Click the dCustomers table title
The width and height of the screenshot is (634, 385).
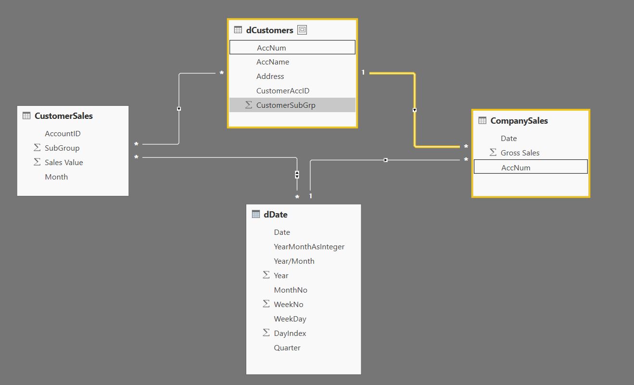click(x=269, y=30)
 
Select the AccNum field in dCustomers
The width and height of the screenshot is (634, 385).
click(x=271, y=48)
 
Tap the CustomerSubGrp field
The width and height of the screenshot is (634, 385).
click(x=286, y=105)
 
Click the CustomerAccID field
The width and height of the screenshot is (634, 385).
click(x=283, y=90)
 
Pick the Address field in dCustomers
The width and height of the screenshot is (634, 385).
click(x=270, y=76)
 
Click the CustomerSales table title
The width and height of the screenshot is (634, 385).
click(x=63, y=116)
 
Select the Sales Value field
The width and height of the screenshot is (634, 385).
click(x=63, y=163)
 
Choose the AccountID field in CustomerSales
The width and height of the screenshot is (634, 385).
click(x=63, y=134)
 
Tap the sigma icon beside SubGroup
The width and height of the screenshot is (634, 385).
click(x=37, y=147)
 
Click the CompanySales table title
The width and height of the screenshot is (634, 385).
click(x=519, y=121)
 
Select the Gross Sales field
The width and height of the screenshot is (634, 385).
click(x=520, y=153)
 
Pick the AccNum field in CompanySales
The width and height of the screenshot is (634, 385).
click(x=516, y=167)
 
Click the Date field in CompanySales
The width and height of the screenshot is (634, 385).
click(x=508, y=139)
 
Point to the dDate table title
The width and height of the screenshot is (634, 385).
click(x=276, y=215)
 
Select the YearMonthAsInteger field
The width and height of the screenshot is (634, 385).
click(x=309, y=246)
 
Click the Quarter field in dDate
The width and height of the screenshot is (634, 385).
click(x=287, y=347)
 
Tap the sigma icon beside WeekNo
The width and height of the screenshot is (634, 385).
click(x=266, y=304)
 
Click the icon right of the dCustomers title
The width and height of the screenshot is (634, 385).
click(x=302, y=30)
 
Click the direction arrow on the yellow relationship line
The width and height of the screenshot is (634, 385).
click(x=414, y=110)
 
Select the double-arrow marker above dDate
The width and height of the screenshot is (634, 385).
click(x=297, y=175)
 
